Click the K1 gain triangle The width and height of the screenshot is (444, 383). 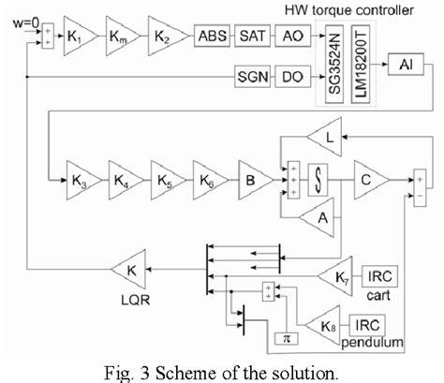point(78,37)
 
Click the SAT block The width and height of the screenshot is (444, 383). point(248,37)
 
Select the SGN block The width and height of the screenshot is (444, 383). point(248,72)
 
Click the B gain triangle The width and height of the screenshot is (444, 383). point(249,174)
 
